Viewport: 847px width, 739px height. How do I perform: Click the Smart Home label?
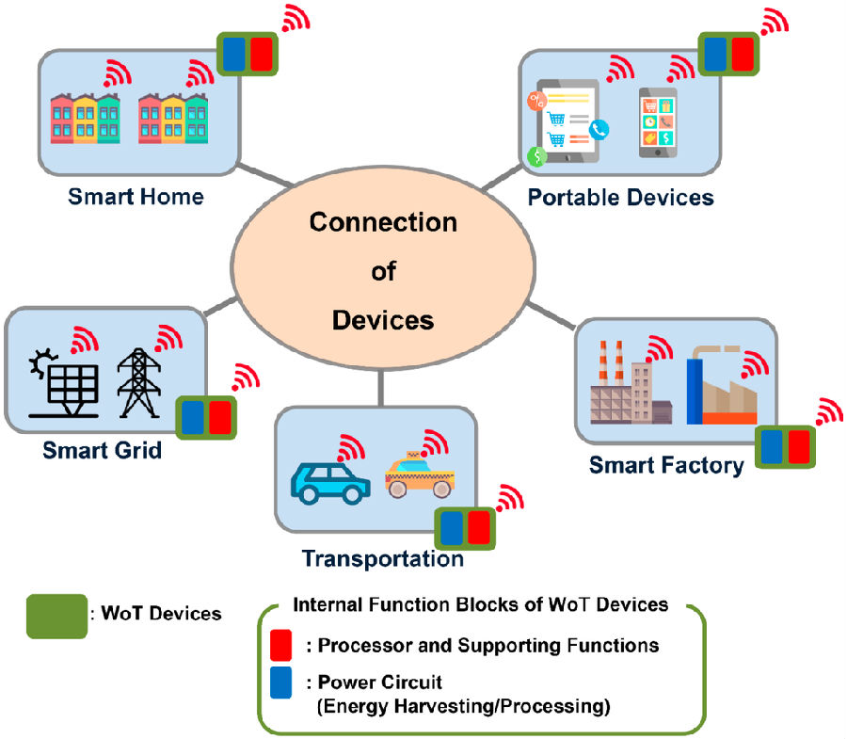pos(136,197)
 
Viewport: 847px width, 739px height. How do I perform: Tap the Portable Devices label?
pos(620,198)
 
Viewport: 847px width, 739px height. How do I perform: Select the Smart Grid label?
pos(102,450)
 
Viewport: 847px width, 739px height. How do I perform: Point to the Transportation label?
pos(382,558)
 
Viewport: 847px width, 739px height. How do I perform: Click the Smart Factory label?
pos(666,465)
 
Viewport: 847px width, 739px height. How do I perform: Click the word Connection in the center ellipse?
pos(383,223)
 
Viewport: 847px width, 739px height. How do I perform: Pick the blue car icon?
pos(329,482)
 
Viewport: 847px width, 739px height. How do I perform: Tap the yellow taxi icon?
pos(419,475)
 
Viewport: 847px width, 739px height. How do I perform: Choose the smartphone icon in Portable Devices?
pos(658,123)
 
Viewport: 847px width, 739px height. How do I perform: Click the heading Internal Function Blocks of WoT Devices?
pos(481,604)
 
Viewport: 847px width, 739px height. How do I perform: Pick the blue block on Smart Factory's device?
pos(773,446)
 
